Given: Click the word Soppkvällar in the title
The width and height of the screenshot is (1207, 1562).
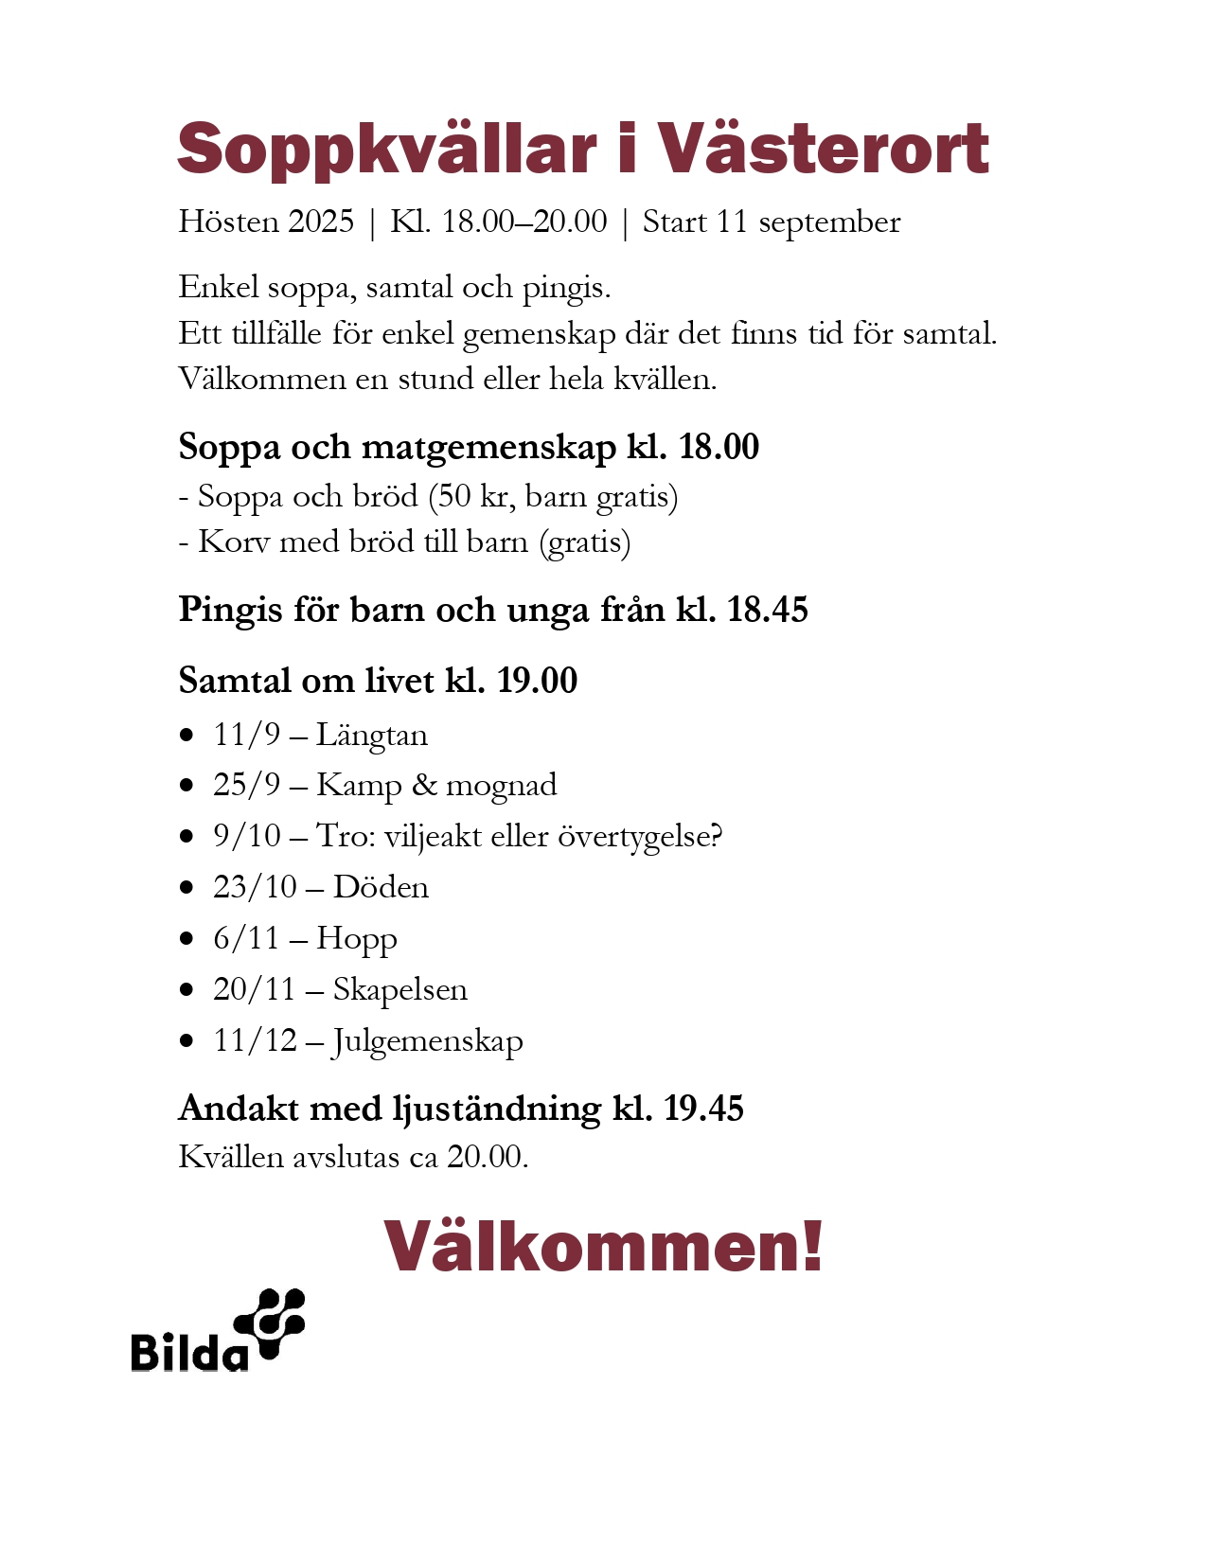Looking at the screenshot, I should coord(386,150).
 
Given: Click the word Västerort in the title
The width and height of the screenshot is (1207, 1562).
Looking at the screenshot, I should coord(823,150).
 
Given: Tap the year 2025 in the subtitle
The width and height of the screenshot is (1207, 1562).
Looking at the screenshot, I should coord(321,222).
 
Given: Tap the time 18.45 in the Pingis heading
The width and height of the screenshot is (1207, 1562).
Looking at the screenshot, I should coord(767,610).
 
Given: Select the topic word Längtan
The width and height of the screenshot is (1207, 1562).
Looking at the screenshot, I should coord(371,736).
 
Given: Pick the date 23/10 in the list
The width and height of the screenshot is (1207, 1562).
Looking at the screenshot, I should coord(255,887).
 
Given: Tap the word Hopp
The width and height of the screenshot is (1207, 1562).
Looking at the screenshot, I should coord(357,939).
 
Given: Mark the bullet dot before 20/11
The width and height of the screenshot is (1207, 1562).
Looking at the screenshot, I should coord(187,989).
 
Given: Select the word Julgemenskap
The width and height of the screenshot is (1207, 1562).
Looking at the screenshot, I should coord(427,1041).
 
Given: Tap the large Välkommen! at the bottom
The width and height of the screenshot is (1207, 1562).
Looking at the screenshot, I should coord(603,1246).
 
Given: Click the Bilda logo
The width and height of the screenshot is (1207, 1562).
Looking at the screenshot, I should coord(218,1330).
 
